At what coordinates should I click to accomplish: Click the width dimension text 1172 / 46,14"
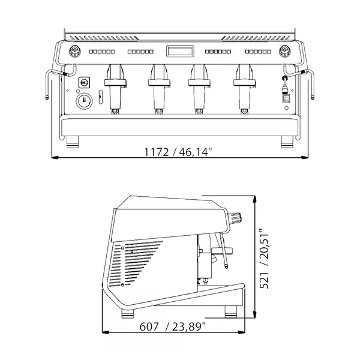(x=178, y=152)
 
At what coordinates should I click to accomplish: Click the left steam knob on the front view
(x=74, y=51)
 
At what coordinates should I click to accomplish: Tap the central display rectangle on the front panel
(x=179, y=52)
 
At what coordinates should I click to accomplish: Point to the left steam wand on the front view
(x=49, y=84)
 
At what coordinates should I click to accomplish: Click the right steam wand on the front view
(x=311, y=84)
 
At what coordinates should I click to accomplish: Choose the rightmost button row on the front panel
(x=260, y=52)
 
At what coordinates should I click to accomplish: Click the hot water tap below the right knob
(x=285, y=90)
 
